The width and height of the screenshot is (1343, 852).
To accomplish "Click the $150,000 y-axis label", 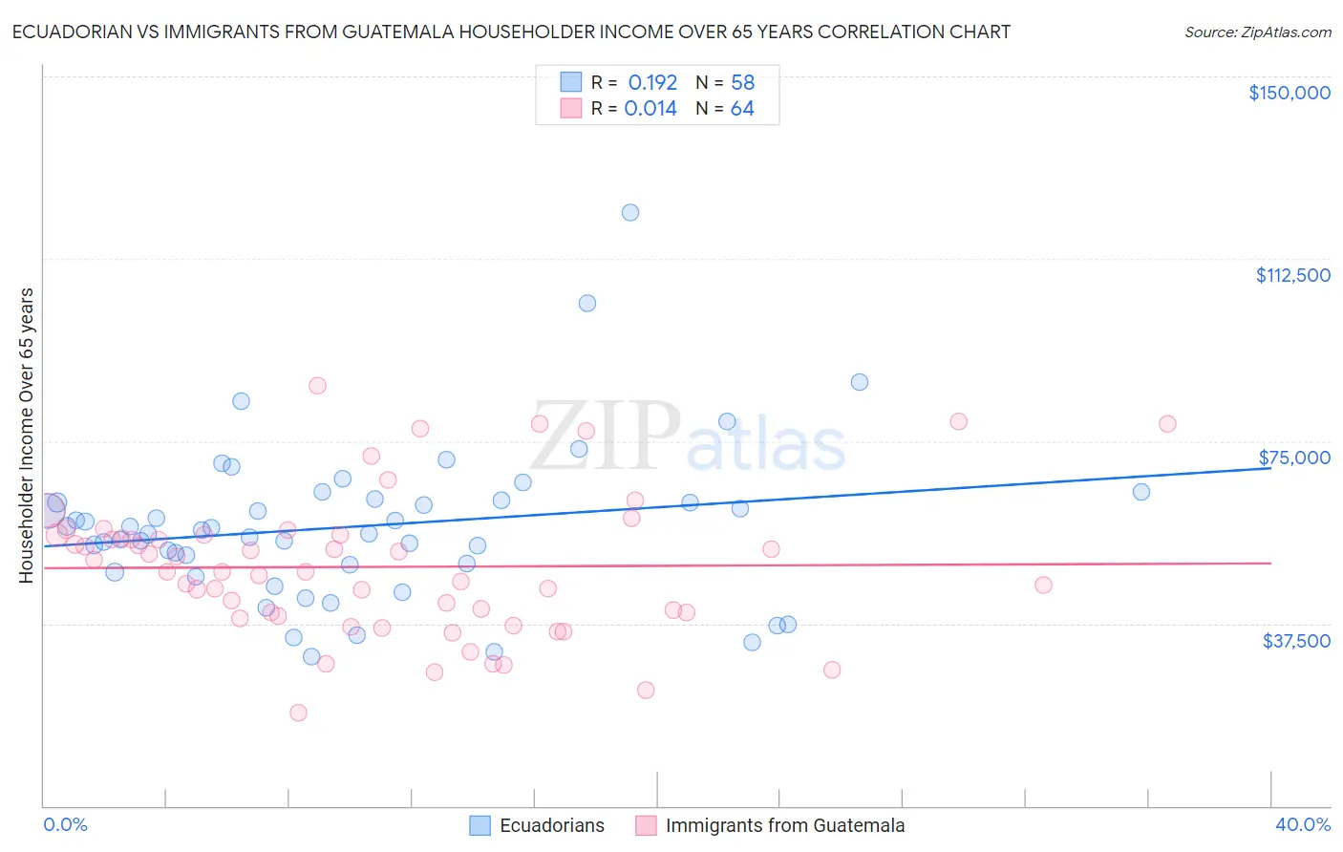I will tap(1289, 93).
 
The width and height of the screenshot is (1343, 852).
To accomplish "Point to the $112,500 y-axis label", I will tap(1292, 275).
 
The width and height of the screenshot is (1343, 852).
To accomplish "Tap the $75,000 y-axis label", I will tap(1294, 458).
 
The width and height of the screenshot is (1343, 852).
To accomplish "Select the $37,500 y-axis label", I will tap(1296, 641).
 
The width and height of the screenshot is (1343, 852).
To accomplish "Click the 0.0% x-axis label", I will tap(65, 824).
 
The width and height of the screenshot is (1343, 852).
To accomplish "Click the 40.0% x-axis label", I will tap(1302, 824).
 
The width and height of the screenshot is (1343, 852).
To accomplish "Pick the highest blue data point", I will tap(630, 212).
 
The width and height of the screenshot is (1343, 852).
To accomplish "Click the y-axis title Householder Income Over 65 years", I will tap(27, 435).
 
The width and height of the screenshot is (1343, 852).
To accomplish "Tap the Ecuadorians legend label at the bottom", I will tap(552, 825).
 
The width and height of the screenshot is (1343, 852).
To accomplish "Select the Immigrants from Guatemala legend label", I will tap(784, 825).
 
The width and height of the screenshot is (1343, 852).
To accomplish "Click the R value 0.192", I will tap(652, 82).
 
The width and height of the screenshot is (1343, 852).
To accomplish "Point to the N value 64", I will tap(742, 109).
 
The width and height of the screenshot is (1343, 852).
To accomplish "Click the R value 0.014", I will tap(650, 109).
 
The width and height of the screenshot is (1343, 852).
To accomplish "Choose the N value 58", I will tap(742, 82).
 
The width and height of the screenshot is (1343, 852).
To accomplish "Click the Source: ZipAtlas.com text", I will tap(1257, 32).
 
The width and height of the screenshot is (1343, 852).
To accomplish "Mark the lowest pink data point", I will tap(298, 713).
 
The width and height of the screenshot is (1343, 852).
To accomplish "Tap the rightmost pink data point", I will tap(1167, 424).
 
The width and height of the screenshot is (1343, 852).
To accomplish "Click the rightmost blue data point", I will tap(1141, 492).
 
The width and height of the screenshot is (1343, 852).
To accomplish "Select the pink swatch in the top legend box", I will tap(570, 108).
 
